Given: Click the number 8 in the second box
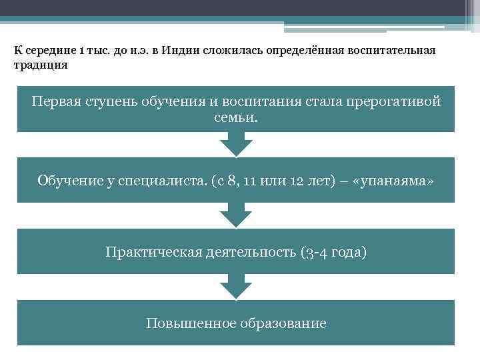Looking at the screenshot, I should (230, 180).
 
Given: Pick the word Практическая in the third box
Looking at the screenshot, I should (147, 252).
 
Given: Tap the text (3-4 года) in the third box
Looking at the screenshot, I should (333, 252).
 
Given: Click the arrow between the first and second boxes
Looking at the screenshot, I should (236, 143).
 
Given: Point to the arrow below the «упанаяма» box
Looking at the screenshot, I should (236, 215).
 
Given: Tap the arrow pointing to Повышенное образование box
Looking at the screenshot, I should (236, 287).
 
